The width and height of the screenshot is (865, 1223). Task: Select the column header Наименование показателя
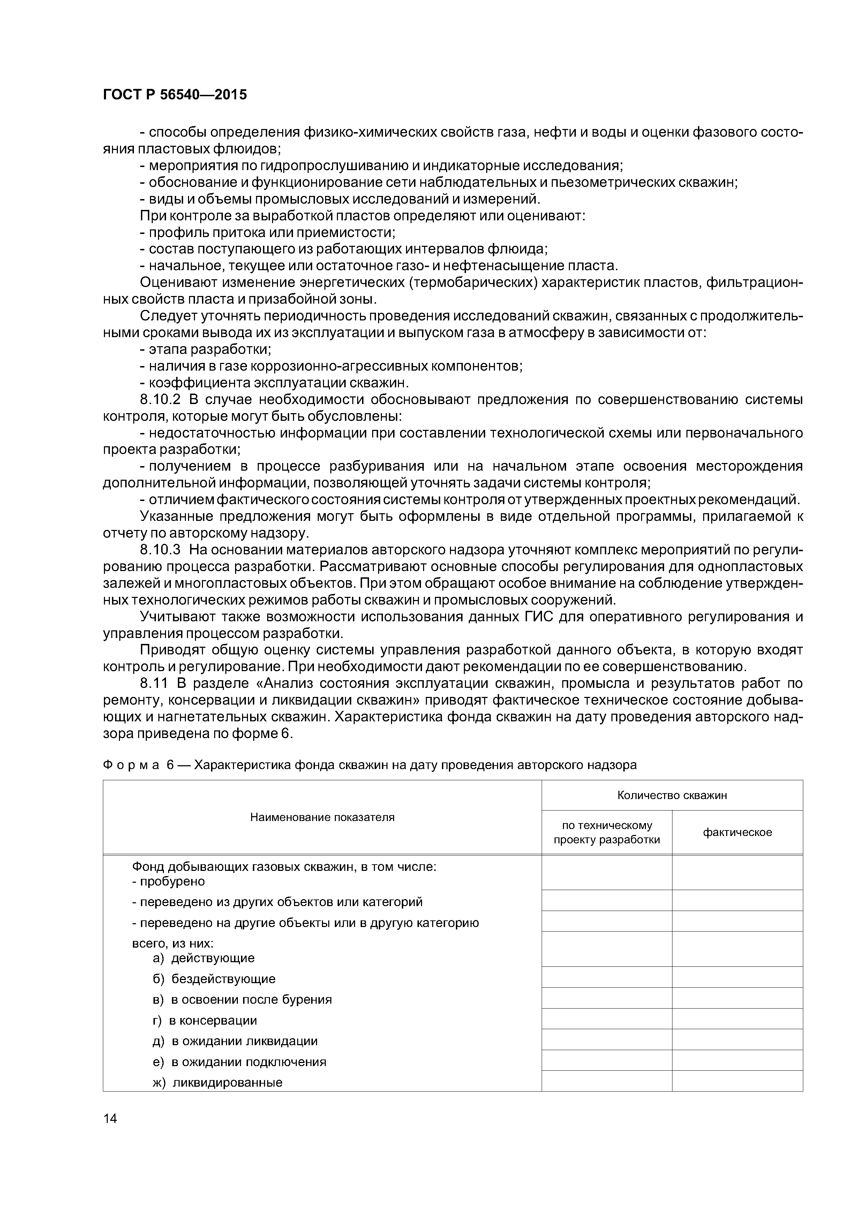(322, 818)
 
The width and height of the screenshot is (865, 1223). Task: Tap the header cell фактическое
(737, 833)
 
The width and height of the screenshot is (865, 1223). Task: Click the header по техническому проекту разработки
(607, 833)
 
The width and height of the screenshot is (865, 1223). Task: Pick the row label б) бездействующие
(214, 979)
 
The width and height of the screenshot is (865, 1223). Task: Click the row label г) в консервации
(205, 1020)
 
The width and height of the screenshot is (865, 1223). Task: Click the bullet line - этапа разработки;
(205, 349)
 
